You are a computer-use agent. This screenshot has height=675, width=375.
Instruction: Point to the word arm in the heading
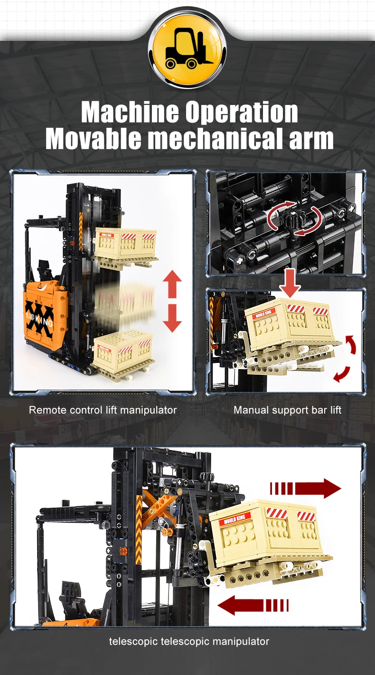311,141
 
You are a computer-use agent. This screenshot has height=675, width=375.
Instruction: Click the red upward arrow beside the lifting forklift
172,285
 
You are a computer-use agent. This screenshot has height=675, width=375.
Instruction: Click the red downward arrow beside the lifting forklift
172,318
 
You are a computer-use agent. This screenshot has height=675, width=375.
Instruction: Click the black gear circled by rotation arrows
292,218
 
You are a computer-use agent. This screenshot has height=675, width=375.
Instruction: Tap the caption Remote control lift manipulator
103,410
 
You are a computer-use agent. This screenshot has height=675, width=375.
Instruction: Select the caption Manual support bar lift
287,410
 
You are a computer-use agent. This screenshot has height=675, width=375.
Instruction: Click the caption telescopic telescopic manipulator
189,642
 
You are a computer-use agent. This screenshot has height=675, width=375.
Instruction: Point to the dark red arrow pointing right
305,488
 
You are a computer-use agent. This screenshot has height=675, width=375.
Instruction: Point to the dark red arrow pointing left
253,605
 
